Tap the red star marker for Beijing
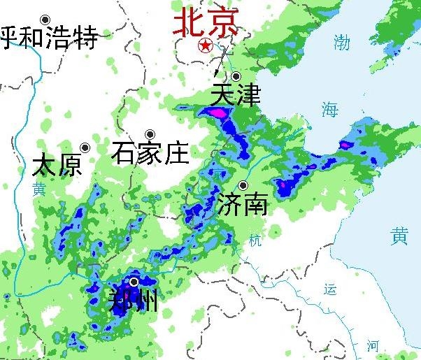pos(206,46)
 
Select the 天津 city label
pos(235,96)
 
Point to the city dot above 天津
pos(236,76)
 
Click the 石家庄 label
pos(150,152)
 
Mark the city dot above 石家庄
pos(150,134)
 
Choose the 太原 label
pos(57,166)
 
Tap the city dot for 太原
pos(85,147)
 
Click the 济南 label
pos(243,204)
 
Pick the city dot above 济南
pos(243,185)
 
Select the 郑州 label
pos(134,301)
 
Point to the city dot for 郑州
pos(134,282)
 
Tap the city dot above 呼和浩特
pos(45,20)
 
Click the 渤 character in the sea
pos(341,43)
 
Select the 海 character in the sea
pos(329,108)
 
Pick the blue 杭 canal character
pos(255,242)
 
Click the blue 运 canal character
pos(331,289)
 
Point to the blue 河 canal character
pos(373,345)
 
